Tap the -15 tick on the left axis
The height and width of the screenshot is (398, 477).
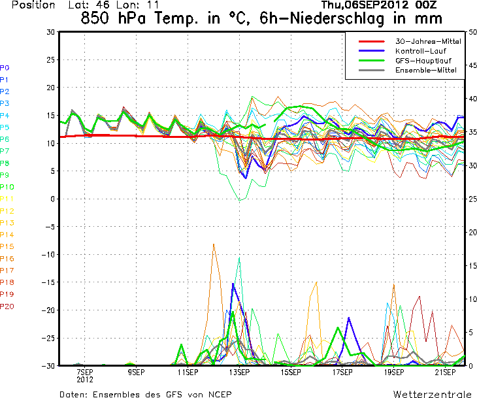pyautogui.click(x=48, y=282)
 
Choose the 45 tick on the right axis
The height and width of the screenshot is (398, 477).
pyautogui.click(x=472, y=65)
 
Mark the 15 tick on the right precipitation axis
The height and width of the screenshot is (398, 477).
pyautogui.click(x=472, y=265)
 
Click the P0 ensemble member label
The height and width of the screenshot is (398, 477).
pyautogui.click(x=5, y=67)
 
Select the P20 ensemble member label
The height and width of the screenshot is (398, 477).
pyautogui.click(x=7, y=306)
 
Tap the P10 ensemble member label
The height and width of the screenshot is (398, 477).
pyautogui.click(x=7, y=187)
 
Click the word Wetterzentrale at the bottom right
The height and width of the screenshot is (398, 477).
pyautogui.click(x=432, y=395)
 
